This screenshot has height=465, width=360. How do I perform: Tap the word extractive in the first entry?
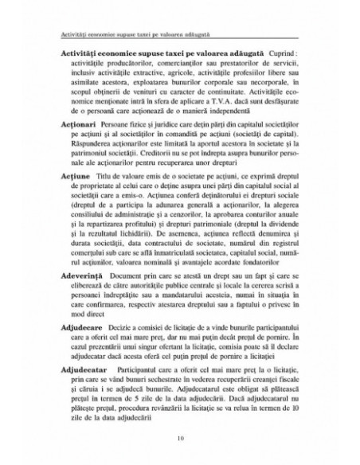pos(168,71)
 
